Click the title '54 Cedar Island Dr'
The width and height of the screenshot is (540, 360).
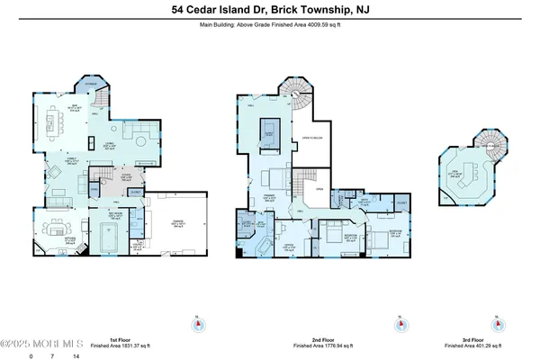point(220,11)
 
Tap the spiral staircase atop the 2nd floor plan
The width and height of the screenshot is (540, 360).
point(296,92)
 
